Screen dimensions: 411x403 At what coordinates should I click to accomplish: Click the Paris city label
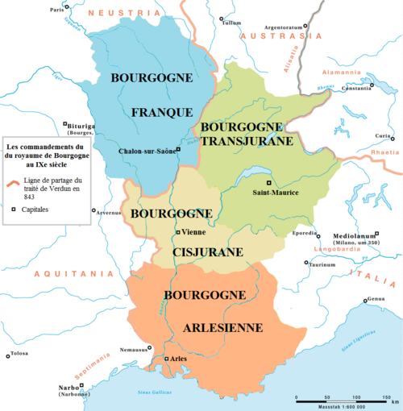point(56,10)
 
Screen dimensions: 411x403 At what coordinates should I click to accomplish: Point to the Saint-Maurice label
point(276,193)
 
